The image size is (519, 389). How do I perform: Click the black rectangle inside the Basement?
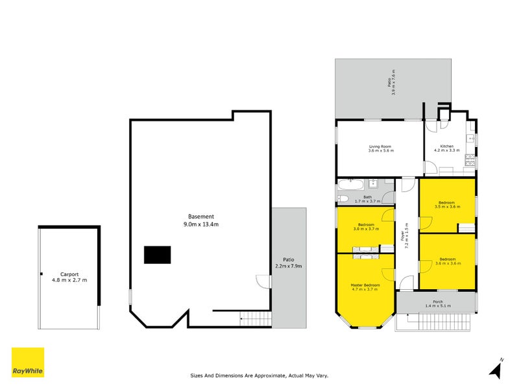[158, 255]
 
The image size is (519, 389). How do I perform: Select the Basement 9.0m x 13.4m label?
[201, 220]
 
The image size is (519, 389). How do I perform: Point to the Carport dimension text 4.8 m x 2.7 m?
[69, 280]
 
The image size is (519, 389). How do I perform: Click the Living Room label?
[381, 148]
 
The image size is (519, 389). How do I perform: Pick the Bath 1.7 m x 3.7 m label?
[367, 198]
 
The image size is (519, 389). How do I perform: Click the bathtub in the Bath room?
[345, 198]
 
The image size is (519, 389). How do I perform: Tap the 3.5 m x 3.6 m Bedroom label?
[446, 205]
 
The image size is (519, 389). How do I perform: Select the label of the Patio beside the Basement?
[289, 263]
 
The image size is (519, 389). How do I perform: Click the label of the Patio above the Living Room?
[391, 83]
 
